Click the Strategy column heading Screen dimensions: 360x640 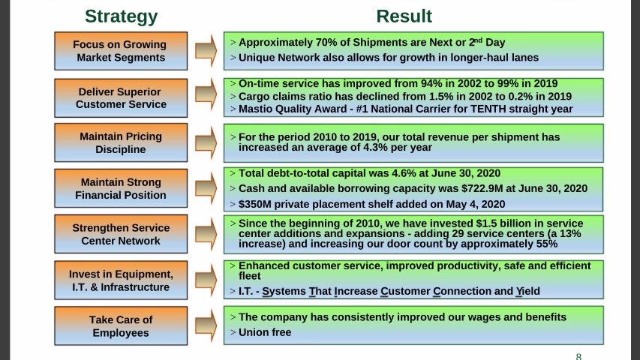coord(121,16)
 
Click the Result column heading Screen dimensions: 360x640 coord(404,16)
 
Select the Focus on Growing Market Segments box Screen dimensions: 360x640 coord(121,50)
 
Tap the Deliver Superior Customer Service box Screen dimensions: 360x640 coord(121,97)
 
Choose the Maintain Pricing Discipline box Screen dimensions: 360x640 coord(121,142)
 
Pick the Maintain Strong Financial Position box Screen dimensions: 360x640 coord(121,188)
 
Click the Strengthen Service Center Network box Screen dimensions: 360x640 coord(121,234)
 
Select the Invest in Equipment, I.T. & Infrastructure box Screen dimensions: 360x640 coord(121,280)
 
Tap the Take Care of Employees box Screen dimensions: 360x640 coord(121,326)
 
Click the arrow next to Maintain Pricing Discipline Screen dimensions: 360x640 coord(206,142)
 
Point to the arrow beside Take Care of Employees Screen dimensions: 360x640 coord(206,326)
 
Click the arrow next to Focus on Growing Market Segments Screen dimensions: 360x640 coord(206,50)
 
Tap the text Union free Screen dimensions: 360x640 coord(265,332)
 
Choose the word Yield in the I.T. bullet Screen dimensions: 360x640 coord(527,291)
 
